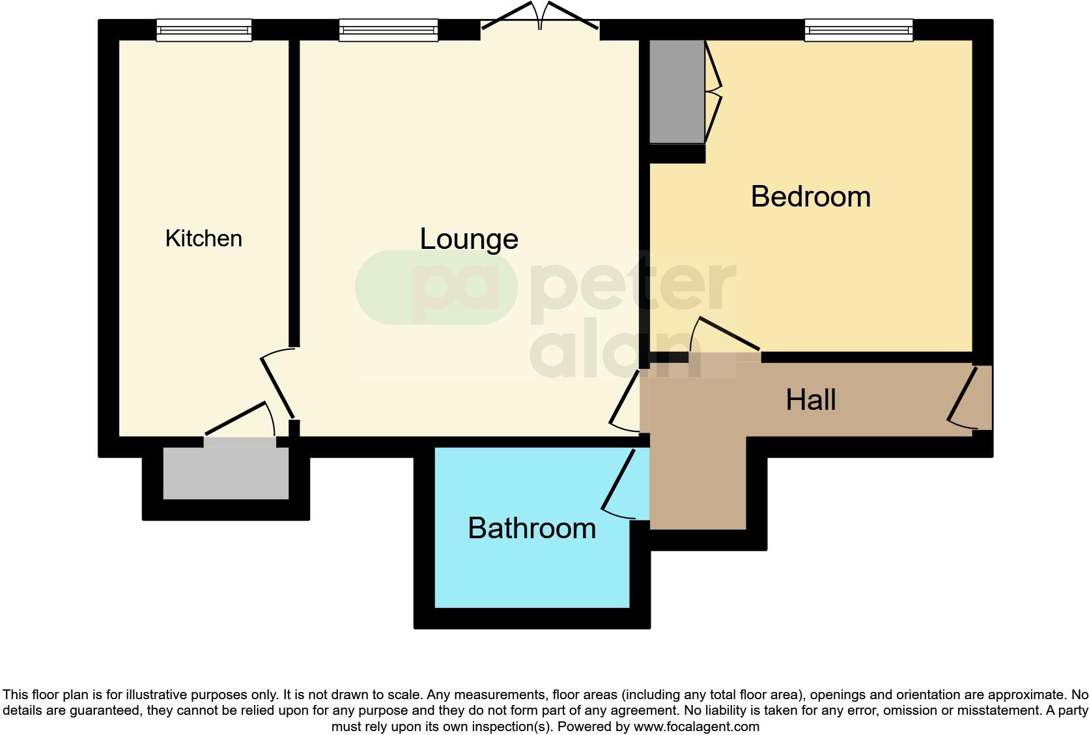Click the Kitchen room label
coord(203,238)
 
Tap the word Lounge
coord(468,239)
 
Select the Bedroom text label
coord(810,197)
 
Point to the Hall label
coord(810,400)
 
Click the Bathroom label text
coord(531,528)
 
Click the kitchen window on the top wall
coord(204,30)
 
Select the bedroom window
coord(858,30)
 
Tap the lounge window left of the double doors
coord(388,30)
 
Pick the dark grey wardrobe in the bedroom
coord(677,91)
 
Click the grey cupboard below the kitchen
coord(225,473)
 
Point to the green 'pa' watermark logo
coord(435,287)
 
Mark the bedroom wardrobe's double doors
coord(714,91)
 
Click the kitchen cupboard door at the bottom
coord(240,421)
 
